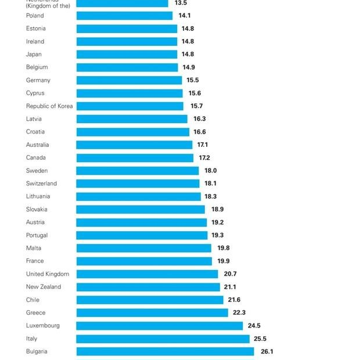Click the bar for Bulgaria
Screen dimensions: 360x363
coord(165,351)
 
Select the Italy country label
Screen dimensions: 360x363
coord(31,339)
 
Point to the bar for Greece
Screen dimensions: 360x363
coord(152,312)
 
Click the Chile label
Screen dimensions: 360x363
coord(33,300)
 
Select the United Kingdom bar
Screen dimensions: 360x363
coord(147,274)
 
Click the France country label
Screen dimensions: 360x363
coord(35,261)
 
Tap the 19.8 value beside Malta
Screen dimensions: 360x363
coord(224,248)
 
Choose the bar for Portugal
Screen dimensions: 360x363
coord(142,235)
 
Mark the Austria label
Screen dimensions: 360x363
coord(35,222)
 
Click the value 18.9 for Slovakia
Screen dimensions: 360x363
coord(217,210)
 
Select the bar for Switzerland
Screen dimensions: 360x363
coord(138,183)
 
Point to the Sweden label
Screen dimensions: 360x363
coord(37,171)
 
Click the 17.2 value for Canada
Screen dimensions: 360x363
coord(204,158)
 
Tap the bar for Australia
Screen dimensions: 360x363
coord(134,145)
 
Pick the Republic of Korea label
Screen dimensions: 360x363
coord(49,106)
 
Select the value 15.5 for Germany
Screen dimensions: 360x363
coord(193,80)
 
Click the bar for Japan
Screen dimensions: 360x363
coord(127,55)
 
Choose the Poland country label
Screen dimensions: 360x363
coord(35,16)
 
